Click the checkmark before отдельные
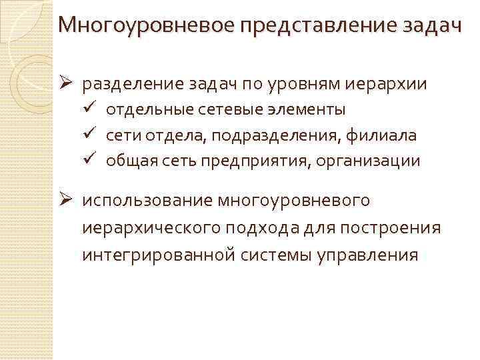[93, 108]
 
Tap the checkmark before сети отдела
[93, 134]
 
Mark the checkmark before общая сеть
[93, 159]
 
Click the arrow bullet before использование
[67, 199]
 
